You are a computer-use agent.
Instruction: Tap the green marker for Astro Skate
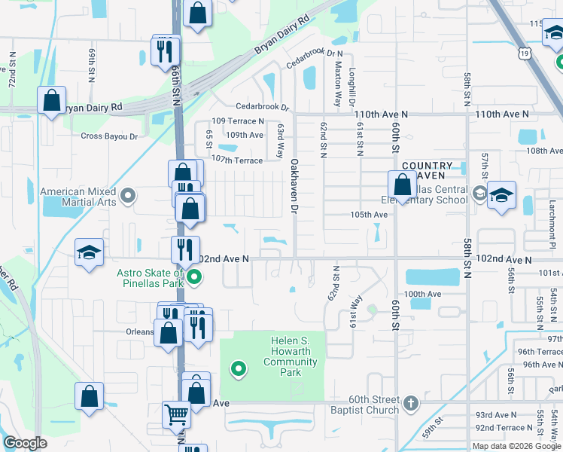194,278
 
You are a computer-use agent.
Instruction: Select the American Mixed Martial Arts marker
128,197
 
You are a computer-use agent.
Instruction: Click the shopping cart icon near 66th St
176,414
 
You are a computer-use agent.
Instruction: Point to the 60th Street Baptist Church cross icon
409,403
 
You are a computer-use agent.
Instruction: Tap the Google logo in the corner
25,443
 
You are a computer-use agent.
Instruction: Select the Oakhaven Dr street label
294,185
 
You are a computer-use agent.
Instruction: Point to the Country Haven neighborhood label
428,170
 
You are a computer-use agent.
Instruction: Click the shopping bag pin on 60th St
402,185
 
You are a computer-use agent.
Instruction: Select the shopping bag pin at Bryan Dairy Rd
51,100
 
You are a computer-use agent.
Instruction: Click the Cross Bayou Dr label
109,136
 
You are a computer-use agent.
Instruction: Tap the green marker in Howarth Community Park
239,369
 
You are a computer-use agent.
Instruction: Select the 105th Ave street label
369,215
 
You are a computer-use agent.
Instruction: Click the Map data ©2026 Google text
516,446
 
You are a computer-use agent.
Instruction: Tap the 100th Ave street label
422,294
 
